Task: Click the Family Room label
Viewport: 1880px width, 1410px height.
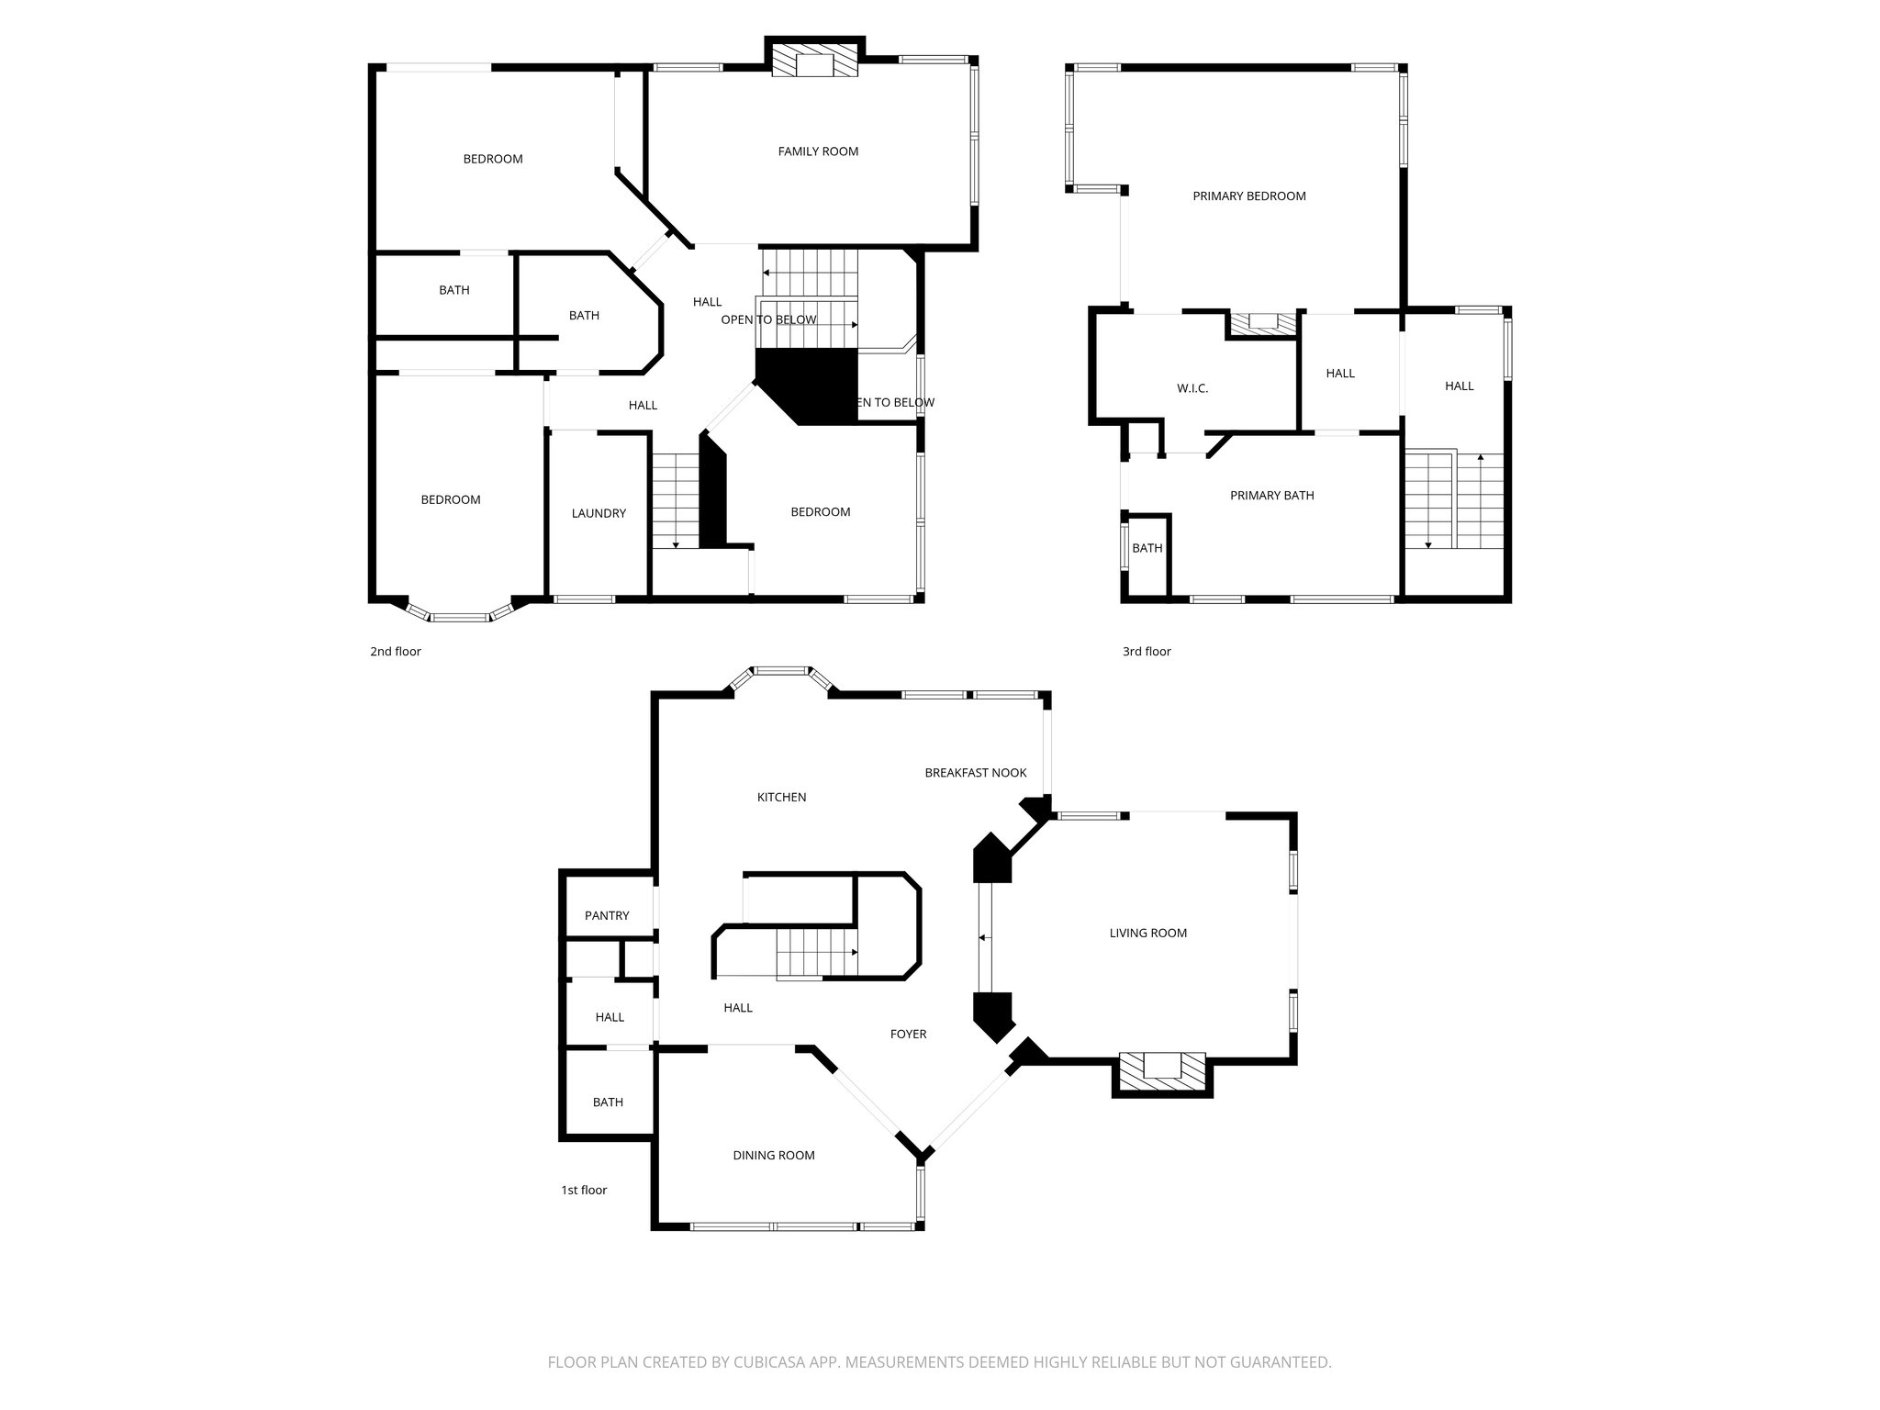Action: (818, 151)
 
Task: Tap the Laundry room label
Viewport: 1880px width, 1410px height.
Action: (599, 513)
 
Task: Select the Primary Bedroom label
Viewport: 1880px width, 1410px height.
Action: (1248, 196)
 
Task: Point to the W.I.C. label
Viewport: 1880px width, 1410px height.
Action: (1192, 388)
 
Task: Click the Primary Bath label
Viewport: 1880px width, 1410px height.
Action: (1271, 496)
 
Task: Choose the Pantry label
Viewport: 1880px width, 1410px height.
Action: (607, 915)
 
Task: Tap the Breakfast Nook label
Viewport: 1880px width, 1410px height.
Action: (975, 773)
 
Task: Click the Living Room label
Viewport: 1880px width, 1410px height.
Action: (1147, 933)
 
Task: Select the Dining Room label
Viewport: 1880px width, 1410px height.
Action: (773, 1155)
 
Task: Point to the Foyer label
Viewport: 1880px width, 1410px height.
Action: (908, 1034)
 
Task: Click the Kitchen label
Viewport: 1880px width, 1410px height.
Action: (781, 797)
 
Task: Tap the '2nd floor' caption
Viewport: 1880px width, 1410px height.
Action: (395, 652)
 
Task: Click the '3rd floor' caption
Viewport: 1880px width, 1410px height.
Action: (1147, 652)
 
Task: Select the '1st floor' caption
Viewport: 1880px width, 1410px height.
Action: (584, 1190)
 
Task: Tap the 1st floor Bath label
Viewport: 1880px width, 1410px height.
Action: (608, 1102)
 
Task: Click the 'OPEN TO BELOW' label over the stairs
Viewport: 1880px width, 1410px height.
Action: (768, 319)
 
